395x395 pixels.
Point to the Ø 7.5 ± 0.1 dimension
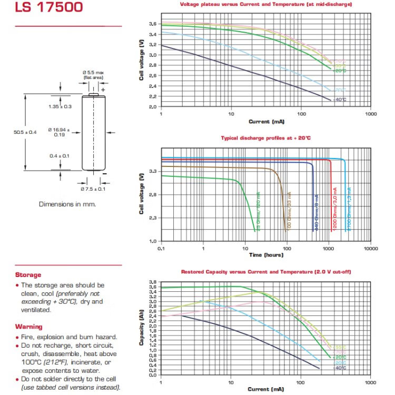94,189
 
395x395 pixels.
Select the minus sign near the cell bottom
104,173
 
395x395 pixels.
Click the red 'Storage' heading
28,275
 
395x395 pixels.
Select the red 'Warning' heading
29,327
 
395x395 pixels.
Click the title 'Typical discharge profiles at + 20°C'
265,138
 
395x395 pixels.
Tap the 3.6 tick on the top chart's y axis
152,24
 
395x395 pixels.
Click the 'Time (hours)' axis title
266,255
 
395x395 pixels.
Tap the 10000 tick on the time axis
371,248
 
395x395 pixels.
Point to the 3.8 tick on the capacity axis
152,282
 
